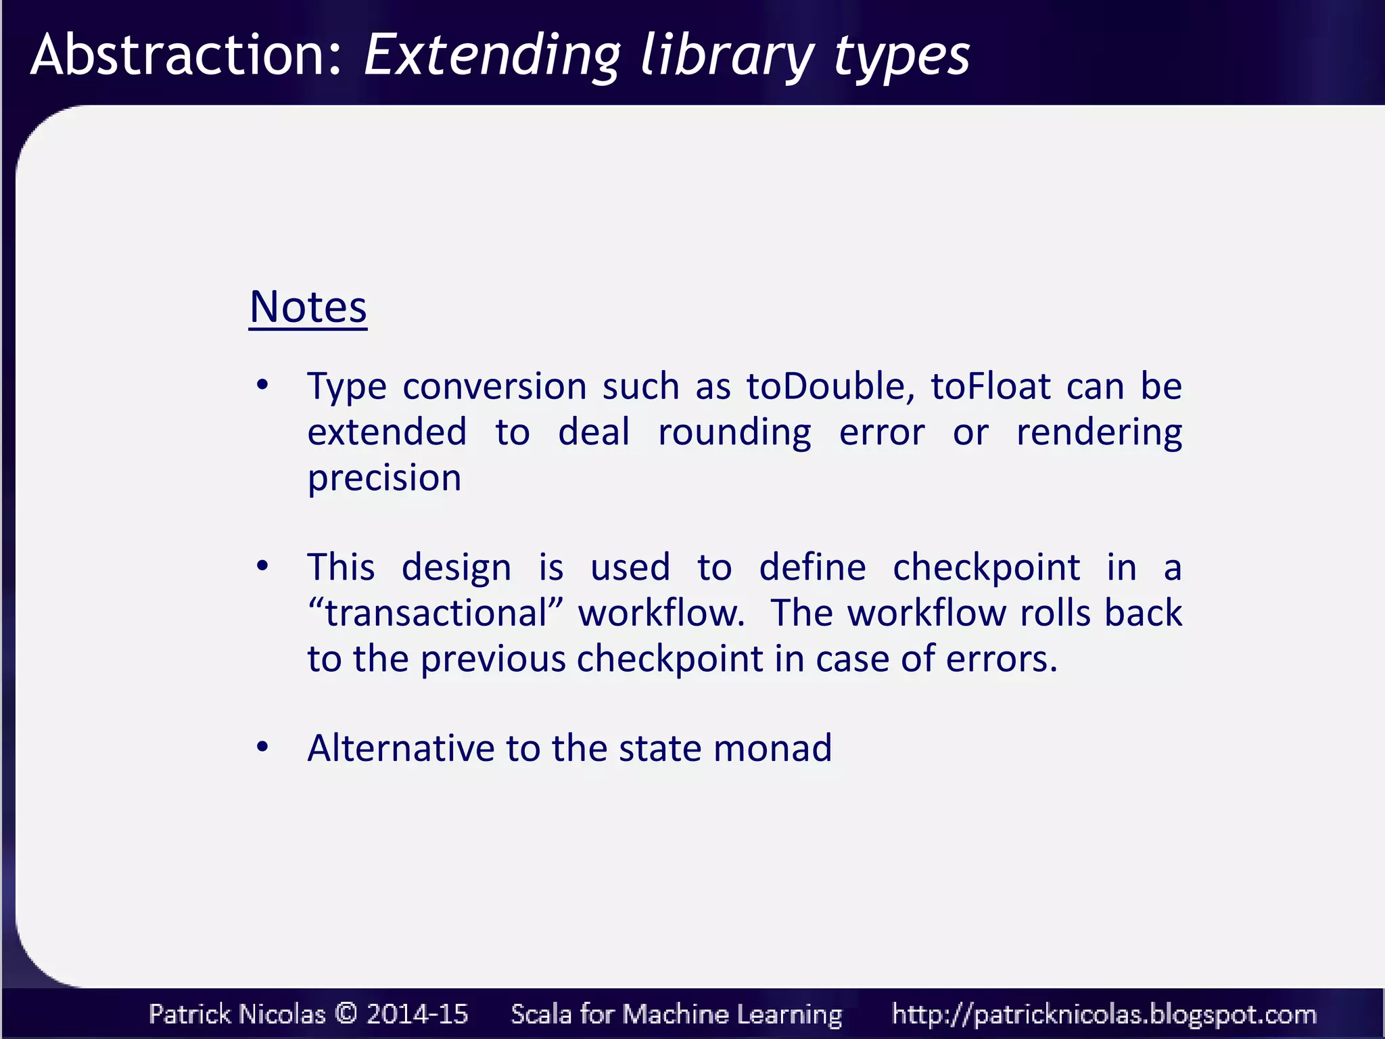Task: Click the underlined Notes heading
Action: click(x=308, y=308)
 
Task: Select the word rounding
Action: click(x=734, y=433)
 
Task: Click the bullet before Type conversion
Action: click(x=262, y=386)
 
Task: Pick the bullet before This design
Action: click(x=262, y=566)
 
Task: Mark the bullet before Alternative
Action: click(x=262, y=747)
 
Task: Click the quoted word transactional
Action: click(x=436, y=613)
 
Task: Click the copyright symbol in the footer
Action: click(x=346, y=1013)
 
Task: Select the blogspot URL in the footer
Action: click(x=1104, y=1014)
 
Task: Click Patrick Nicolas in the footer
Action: click(x=237, y=1013)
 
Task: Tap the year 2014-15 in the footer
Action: click(x=417, y=1013)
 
